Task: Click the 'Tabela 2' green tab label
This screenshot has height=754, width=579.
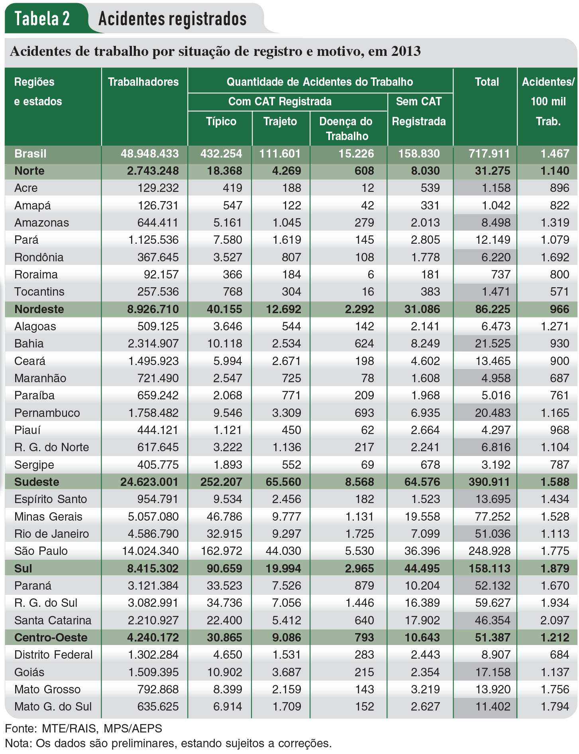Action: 42,18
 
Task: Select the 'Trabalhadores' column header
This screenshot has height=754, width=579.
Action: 143,82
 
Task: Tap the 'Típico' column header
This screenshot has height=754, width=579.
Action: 221,121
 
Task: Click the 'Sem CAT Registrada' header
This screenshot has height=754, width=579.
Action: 419,111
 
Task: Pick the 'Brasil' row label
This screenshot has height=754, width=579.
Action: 30,154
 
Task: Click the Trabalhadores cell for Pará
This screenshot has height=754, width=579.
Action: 153,240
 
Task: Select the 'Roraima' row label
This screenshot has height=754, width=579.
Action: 36,274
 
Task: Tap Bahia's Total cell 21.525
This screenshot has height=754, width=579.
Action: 493,343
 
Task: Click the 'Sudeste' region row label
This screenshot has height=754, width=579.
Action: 37,482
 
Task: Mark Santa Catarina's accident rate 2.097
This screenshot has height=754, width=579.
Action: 555,620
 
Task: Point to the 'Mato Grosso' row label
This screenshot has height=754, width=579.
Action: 47,689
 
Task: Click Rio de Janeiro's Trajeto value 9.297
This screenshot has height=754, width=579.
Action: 287,534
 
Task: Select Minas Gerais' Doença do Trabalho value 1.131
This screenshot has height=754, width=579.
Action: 359,517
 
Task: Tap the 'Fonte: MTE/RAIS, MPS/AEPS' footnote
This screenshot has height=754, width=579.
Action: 84,728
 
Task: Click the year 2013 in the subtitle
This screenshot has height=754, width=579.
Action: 405,51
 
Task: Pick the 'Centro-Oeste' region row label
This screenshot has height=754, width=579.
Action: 51,638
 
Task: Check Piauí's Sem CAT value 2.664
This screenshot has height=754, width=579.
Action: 425,430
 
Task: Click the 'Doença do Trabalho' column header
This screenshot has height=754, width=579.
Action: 346,128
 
